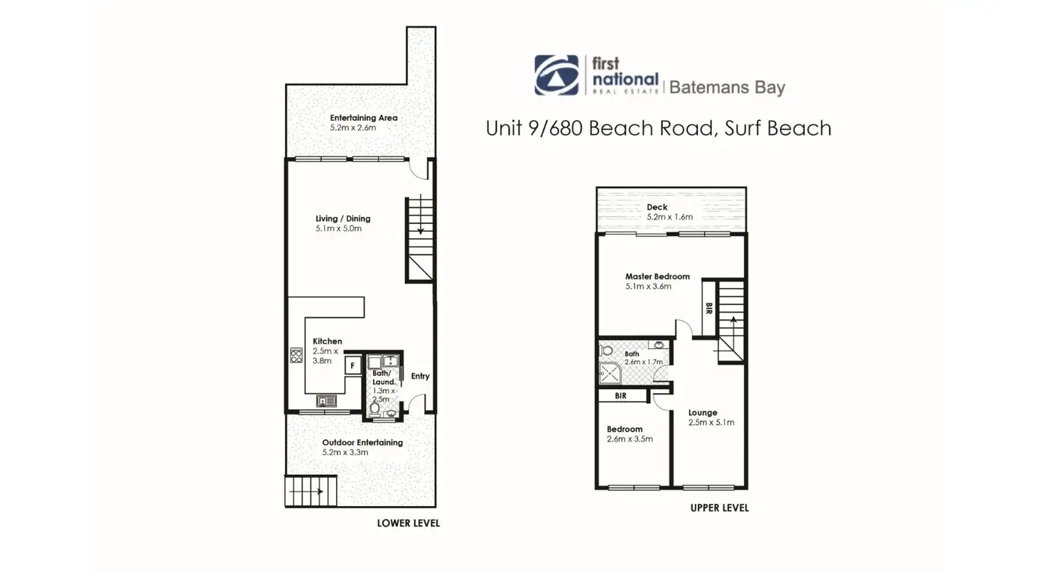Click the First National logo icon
click(x=556, y=75)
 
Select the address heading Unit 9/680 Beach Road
click(x=658, y=128)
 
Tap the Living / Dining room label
click(x=343, y=218)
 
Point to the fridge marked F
click(x=351, y=365)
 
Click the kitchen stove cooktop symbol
click(x=296, y=355)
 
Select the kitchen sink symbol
click(x=325, y=401)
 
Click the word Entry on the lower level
click(x=420, y=376)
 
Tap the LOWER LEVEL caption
click(x=408, y=523)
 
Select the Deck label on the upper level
click(x=657, y=208)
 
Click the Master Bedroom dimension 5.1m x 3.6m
click(x=648, y=286)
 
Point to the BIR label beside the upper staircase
click(x=708, y=308)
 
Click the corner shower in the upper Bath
click(x=608, y=372)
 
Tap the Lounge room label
click(x=703, y=412)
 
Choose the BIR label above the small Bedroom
click(x=620, y=396)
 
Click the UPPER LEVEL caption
click(x=719, y=508)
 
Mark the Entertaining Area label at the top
click(x=363, y=118)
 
